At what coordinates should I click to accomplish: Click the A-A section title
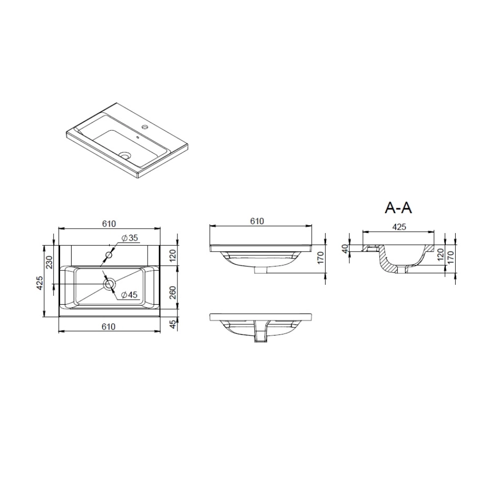tap(398, 208)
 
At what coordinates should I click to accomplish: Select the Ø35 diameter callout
tap(130, 238)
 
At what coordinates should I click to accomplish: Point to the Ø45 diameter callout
tap(129, 295)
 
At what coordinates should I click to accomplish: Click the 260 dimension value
tap(172, 293)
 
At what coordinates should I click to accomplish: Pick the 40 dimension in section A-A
tap(345, 248)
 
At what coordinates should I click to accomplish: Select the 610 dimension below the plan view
tap(109, 326)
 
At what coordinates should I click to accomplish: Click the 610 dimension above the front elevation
tap(257, 221)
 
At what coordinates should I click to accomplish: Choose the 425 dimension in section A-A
tap(399, 227)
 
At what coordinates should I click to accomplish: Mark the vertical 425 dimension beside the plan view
tap(40, 283)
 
